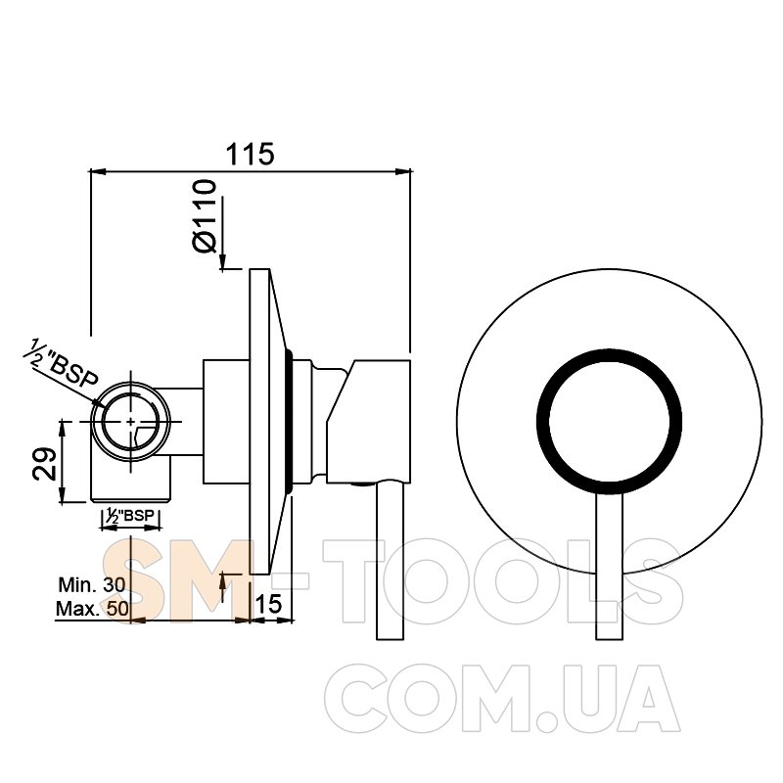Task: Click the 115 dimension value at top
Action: [251, 154]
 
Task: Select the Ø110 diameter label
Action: [205, 216]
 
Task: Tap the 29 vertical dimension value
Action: [44, 463]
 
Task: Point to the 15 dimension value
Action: [268, 603]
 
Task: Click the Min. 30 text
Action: [92, 584]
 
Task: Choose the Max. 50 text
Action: [92, 609]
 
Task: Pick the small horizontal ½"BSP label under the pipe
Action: [131, 517]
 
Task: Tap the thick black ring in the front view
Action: [609, 351]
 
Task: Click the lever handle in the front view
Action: [610, 567]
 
